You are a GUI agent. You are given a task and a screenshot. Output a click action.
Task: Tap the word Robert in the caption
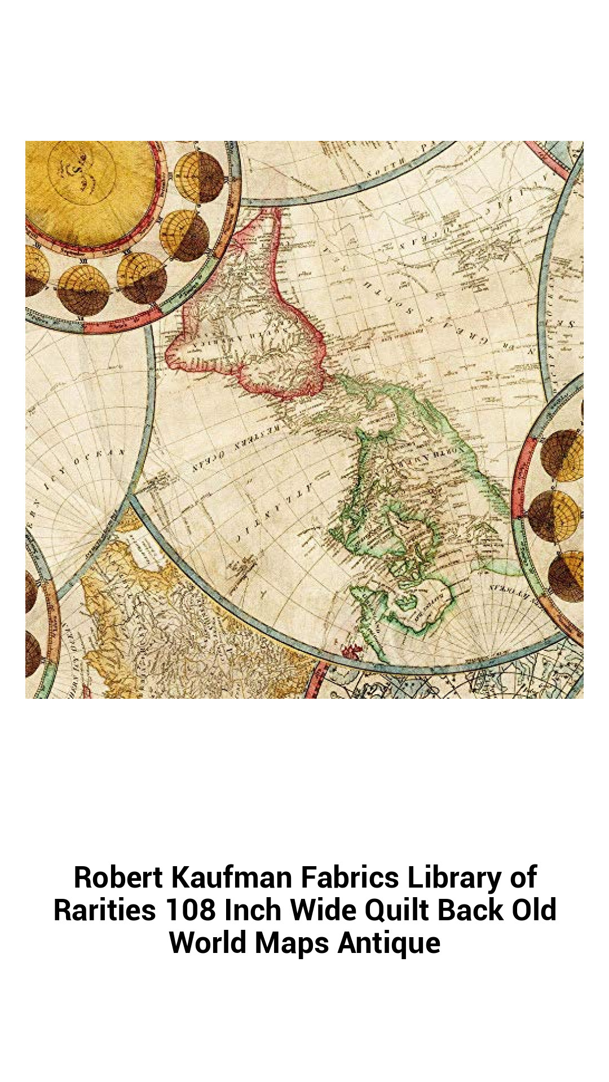118,877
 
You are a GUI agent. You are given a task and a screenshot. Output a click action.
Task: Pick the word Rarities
105,910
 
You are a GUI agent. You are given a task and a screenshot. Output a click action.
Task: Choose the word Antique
389,942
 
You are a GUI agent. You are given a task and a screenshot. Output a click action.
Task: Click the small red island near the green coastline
354,651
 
